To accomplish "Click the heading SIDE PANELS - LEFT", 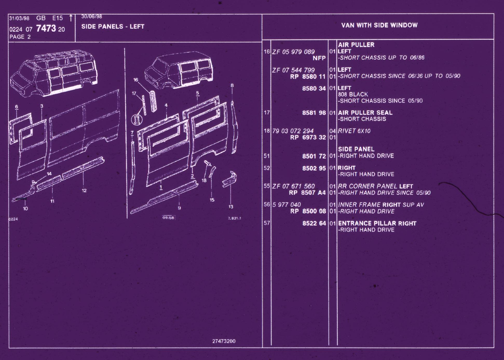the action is click(x=113, y=26).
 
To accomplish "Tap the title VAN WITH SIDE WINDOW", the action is click(x=379, y=25).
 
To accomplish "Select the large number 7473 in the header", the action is click(x=46, y=28).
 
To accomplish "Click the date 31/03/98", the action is click(x=19, y=18).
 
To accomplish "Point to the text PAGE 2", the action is click(x=20, y=37).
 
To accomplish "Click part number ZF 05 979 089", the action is click(x=293, y=52).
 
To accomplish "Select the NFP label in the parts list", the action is click(x=319, y=58).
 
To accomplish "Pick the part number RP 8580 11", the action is click(x=308, y=77).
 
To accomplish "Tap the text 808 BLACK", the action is click(x=353, y=94).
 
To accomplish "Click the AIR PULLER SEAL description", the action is click(x=365, y=113).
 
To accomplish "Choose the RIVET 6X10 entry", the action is click(x=354, y=131).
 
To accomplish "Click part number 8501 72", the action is click(x=314, y=156).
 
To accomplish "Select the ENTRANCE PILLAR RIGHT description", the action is click(x=377, y=223).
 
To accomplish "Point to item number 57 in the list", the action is click(x=267, y=223).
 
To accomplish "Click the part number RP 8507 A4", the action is click(x=307, y=193).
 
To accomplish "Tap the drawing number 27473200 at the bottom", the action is click(x=224, y=341).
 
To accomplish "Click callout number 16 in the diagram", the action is click(x=136, y=80).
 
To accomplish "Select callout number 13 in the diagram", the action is click(x=231, y=207).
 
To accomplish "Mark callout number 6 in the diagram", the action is click(x=17, y=107).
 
